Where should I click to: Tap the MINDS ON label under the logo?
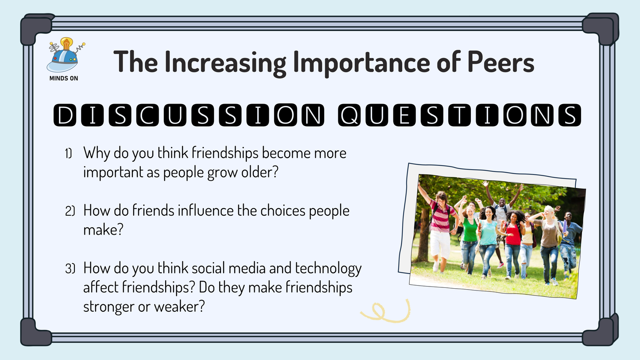64,78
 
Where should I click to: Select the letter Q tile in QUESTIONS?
349,115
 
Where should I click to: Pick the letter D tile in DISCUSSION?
65,115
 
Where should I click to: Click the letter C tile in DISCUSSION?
147,115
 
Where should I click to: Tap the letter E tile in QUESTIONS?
404,115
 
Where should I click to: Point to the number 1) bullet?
68,153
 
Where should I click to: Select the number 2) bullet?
70,211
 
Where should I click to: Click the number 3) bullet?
70,269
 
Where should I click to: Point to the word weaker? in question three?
179,306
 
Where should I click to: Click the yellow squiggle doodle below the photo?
385,311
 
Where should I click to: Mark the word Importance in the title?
362,63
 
